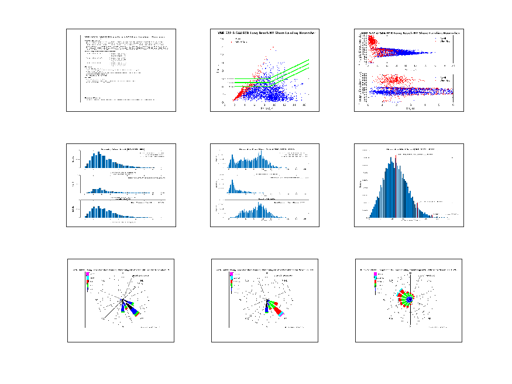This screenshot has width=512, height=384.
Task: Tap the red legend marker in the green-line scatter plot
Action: tap(231, 42)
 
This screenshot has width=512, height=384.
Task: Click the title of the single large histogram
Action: tap(410, 150)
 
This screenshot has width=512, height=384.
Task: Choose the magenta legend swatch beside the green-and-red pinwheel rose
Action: tap(375, 274)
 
